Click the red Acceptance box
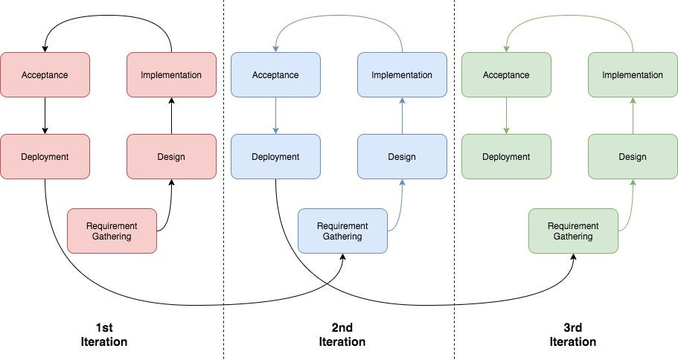[45, 74]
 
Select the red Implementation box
[171, 74]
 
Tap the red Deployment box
[45, 156]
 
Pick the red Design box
[171, 156]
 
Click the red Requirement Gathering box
[112, 231]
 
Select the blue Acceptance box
[275, 74]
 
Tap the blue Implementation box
[402, 74]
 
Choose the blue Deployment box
[275, 156]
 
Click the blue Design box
[402, 156]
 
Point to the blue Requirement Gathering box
[342, 231]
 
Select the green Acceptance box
[506, 74]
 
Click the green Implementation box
[633, 74]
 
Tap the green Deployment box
[506, 156]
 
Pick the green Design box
[633, 156]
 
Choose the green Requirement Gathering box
[573, 231]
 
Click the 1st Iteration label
[104, 335]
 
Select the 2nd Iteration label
[342, 335]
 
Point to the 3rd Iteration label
[572, 335]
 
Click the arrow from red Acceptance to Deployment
[45, 115]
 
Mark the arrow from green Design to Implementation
[633, 115]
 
